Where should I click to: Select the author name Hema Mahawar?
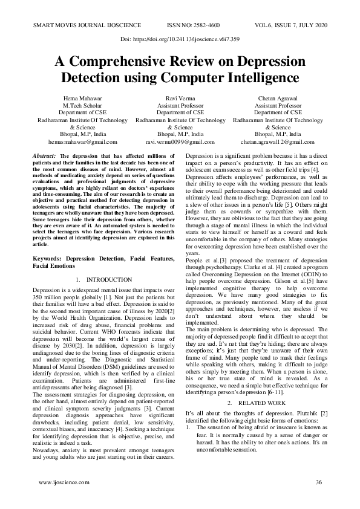[x=82, y=98]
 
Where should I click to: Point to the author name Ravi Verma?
[x=180, y=98]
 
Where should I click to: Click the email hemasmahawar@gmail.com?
[x=82, y=141]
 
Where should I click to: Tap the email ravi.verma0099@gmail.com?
[x=180, y=141]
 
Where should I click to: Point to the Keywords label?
[x=49, y=259]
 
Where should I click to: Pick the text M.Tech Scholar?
[x=82, y=105]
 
